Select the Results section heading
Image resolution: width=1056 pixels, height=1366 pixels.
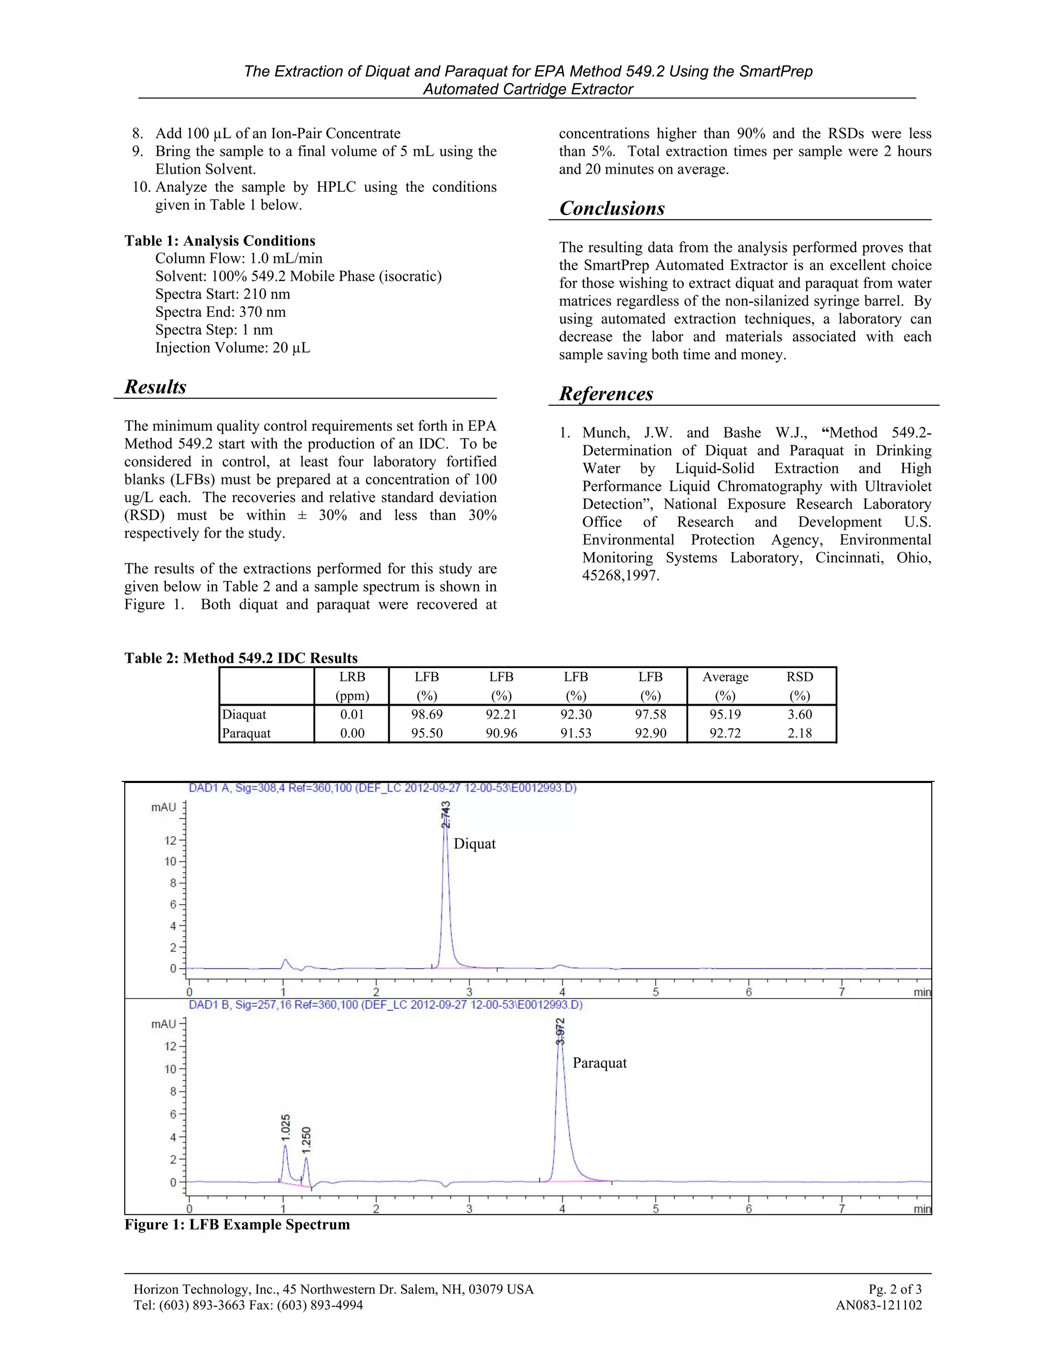click(155, 387)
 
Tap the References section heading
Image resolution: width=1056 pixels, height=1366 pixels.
click(605, 393)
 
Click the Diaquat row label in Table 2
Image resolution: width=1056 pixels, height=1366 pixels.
click(244, 714)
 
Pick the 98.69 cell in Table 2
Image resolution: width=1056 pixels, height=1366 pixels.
click(426, 714)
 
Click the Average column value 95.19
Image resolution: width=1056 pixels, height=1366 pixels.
click(724, 714)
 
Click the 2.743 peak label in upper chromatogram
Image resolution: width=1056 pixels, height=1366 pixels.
click(445, 815)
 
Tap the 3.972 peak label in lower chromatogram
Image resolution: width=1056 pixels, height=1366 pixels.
click(560, 1031)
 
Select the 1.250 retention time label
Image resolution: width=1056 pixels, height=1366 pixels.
click(306, 1140)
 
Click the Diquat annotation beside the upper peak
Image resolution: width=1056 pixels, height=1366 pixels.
click(474, 844)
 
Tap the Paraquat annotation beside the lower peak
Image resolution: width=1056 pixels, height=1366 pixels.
click(599, 1063)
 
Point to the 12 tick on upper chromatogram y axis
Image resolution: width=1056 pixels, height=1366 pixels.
click(170, 841)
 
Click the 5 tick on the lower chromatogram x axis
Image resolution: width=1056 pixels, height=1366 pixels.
click(655, 1209)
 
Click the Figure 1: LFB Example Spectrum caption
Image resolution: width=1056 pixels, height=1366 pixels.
click(237, 1225)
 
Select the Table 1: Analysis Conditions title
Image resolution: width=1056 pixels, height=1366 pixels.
click(220, 241)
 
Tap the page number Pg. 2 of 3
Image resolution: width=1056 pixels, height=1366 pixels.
click(895, 1289)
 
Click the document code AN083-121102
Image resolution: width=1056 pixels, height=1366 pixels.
click(878, 1305)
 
